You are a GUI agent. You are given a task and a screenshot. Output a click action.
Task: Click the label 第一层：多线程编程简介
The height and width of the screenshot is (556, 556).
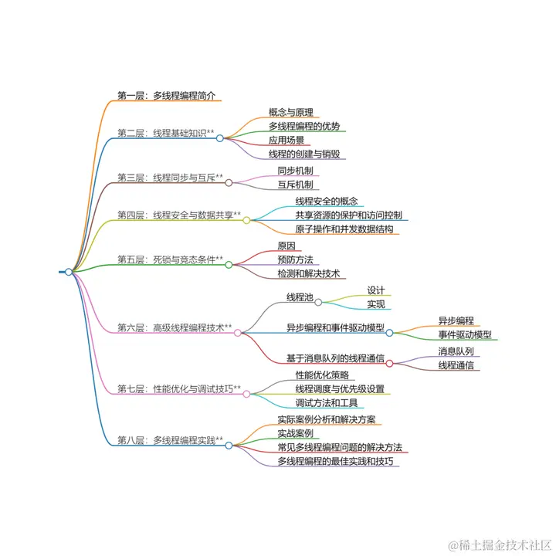tap(166, 96)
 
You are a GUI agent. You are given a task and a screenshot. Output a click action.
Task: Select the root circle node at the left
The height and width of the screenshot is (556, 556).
tap(69, 272)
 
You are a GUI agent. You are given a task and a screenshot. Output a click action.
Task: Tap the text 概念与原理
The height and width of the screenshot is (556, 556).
tap(290, 112)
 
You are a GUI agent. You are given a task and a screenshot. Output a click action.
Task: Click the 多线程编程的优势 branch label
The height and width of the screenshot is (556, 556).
tap(304, 127)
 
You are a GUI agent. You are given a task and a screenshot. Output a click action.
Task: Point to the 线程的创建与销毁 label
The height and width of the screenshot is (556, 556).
tap(304, 154)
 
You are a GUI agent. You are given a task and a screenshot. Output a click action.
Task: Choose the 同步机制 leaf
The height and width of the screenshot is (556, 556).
tap(295, 171)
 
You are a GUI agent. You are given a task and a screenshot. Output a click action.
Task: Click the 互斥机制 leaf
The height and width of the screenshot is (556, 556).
tap(295, 185)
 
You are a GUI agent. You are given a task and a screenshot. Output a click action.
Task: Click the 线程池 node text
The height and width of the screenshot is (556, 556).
tap(300, 297)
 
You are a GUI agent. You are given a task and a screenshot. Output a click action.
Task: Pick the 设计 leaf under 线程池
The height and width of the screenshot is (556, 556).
tap(376, 290)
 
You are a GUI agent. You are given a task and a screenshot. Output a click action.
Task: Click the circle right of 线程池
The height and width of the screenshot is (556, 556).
tap(318, 302)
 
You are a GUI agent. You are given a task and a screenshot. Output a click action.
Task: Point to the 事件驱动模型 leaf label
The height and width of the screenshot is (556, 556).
tap(464, 334)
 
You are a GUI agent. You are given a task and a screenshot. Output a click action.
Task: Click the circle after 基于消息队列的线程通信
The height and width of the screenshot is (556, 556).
tap(390, 363)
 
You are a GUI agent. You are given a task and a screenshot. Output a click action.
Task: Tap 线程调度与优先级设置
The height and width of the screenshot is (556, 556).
tap(340, 388)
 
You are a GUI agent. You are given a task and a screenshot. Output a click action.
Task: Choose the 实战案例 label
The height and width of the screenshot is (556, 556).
tap(295, 433)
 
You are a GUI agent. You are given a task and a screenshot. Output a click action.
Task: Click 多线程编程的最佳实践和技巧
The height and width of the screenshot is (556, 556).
tap(338, 461)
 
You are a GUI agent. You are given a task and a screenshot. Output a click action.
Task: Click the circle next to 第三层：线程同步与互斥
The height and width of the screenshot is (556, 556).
tap(229, 183)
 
